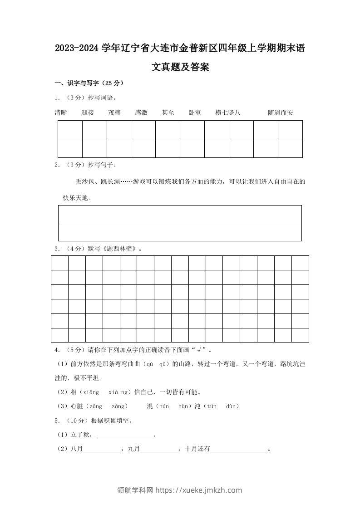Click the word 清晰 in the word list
(61, 113)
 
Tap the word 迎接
(88, 113)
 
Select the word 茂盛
(114, 113)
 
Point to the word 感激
(141, 113)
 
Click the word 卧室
(195, 113)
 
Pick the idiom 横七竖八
(228, 113)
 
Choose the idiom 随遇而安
(281, 113)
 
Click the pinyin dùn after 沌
(232, 406)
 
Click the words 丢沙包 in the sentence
(85, 181)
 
